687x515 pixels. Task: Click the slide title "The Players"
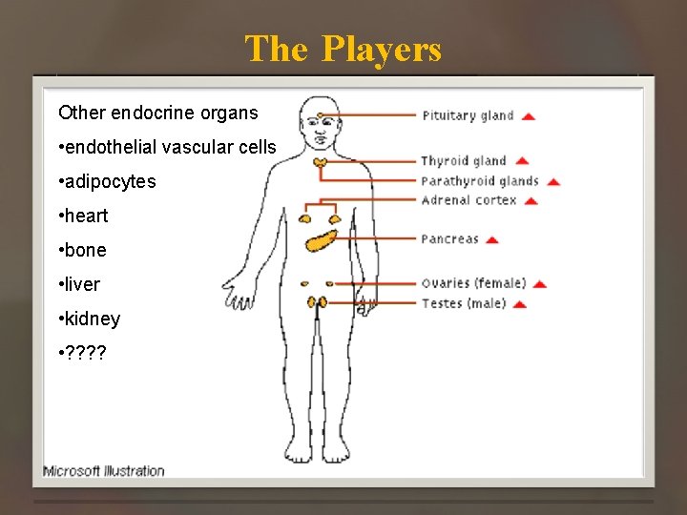point(343,49)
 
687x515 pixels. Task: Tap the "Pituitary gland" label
point(468,115)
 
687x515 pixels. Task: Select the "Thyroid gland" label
point(464,160)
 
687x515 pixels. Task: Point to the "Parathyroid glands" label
point(480,181)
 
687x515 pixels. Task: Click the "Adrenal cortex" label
point(468,200)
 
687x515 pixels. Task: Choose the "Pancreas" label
point(449,239)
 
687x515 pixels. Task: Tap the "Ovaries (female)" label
point(473,283)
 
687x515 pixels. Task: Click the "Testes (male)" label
point(463,304)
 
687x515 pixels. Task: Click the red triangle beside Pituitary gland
point(529,116)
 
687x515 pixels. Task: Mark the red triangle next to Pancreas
point(492,240)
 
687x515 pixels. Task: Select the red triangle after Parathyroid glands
point(553,182)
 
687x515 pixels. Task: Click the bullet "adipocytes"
point(107,181)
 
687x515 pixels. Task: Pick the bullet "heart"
point(84,216)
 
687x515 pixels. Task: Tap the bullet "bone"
point(83,250)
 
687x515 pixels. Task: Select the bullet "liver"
point(79,284)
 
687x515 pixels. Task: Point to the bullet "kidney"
point(90,319)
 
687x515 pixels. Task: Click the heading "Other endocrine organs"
point(158,113)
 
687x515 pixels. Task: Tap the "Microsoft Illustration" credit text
point(104,470)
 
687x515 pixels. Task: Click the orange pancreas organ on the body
point(323,236)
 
